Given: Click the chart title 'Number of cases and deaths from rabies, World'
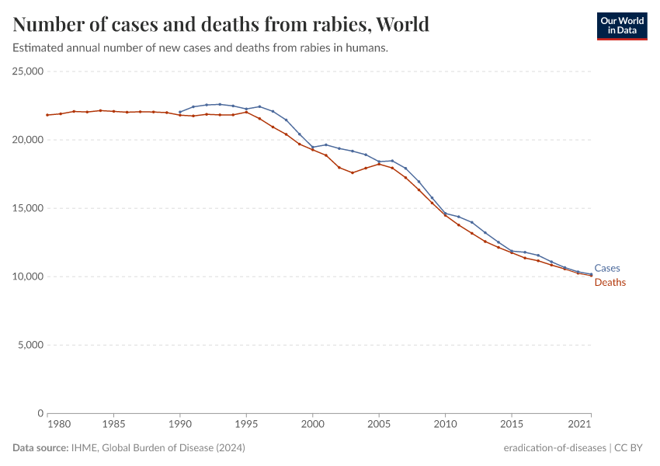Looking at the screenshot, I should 221,24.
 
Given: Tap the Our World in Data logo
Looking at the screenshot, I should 621,26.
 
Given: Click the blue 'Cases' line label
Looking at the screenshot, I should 606,268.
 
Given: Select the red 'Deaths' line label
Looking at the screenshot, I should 610,283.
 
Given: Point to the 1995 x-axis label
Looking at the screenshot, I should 246,426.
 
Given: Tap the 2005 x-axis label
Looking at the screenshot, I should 379,426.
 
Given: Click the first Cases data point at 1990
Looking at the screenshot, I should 180,112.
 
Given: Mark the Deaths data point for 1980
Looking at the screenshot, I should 47,115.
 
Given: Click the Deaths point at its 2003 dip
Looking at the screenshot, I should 353,172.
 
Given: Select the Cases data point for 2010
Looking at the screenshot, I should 445,213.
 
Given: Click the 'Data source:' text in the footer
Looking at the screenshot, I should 40,448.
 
